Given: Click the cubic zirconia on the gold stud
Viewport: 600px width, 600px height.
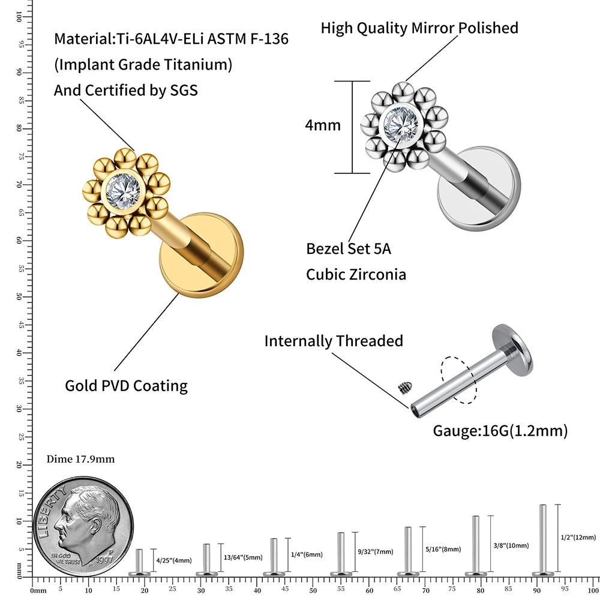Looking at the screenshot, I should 124,191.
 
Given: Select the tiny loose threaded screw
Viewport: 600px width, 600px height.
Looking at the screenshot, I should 403,388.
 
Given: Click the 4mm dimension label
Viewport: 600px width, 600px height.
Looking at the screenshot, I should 322,125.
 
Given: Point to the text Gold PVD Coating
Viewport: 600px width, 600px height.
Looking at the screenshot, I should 126,386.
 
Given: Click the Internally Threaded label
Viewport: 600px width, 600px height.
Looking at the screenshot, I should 334,341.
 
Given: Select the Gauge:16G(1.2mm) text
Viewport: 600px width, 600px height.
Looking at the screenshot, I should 500,431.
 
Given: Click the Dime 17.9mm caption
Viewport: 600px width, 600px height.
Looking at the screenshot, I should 80,460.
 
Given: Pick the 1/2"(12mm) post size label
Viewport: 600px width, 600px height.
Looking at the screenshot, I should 578,537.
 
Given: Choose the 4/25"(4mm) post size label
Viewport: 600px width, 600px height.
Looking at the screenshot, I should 174,560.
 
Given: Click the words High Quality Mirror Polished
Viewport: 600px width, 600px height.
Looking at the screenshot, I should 419,28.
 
